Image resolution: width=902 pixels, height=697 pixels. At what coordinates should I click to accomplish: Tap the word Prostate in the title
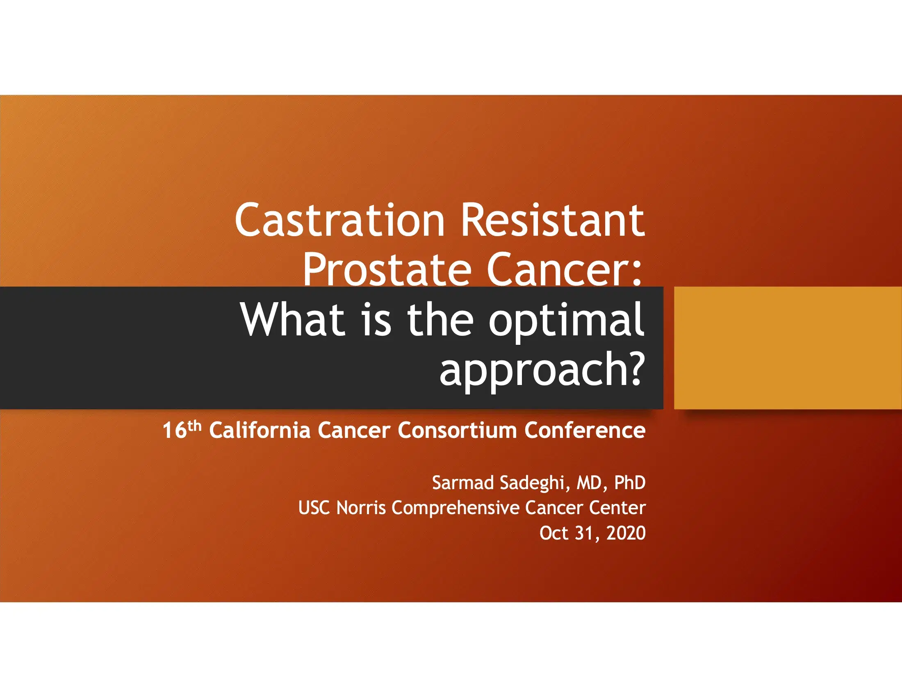point(387,269)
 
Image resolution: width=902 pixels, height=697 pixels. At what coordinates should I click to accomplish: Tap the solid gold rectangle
point(788,348)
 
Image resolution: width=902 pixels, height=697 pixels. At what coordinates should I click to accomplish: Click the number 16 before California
point(174,430)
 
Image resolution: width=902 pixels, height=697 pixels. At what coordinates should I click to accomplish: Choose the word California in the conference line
point(260,430)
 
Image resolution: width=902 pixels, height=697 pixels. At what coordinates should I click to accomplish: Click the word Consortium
point(457,430)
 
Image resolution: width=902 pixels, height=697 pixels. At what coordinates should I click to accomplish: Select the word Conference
point(585,430)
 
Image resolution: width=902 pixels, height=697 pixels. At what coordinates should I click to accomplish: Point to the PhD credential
point(630,482)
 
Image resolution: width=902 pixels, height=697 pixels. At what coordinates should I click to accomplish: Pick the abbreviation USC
point(314,508)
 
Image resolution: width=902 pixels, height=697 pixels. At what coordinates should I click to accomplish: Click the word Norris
point(361,508)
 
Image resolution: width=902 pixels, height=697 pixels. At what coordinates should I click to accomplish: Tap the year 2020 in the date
point(626,533)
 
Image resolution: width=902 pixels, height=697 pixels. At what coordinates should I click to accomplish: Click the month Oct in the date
point(554,533)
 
